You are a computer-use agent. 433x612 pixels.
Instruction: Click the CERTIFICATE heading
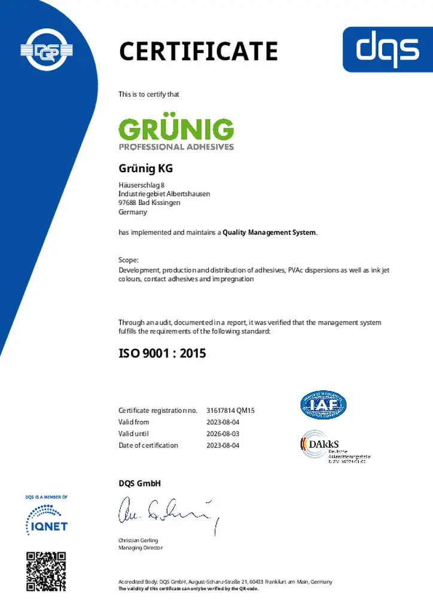pyautogui.click(x=199, y=51)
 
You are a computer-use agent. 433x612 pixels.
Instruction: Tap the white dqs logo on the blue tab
pyautogui.click(x=388, y=48)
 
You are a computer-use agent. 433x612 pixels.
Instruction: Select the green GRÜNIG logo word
pyautogui.click(x=176, y=130)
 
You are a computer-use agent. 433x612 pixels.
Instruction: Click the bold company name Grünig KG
pyautogui.click(x=145, y=169)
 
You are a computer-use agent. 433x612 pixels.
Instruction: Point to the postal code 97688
pyautogui.click(x=128, y=203)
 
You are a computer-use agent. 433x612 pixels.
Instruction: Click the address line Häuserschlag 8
pyautogui.click(x=141, y=185)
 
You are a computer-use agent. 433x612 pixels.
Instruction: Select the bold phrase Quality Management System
pyautogui.click(x=269, y=232)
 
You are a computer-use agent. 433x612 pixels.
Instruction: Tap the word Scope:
pyautogui.click(x=129, y=260)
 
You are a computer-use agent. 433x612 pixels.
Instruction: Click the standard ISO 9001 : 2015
pyautogui.click(x=162, y=353)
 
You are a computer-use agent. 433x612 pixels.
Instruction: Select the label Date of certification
pyautogui.click(x=148, y=445)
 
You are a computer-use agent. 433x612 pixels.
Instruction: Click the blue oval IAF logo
pyautogui.click(x=323, y=405)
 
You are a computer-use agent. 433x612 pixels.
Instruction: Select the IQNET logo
pyautogui.click(x=47, y=519)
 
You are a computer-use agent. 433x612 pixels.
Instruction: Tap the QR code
pyautogui.click(x=46, y=571)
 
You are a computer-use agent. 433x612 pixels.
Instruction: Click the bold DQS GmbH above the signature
pyautogui.click(x=139, y=483)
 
